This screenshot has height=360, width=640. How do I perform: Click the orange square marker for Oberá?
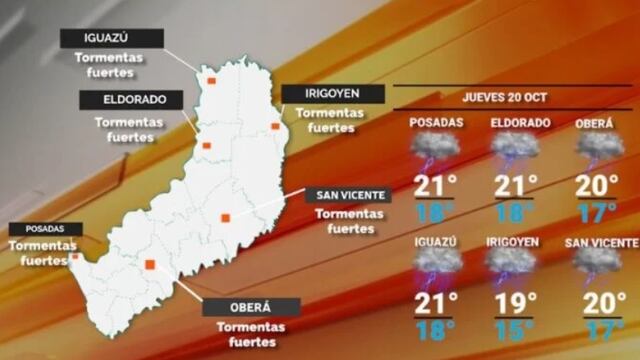150,265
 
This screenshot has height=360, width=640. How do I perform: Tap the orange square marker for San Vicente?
226,218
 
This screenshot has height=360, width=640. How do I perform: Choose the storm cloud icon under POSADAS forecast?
436,148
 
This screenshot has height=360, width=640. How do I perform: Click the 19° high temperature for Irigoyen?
516,302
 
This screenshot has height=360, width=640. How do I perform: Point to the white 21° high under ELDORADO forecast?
516,187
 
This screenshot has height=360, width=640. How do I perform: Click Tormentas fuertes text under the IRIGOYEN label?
330,120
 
